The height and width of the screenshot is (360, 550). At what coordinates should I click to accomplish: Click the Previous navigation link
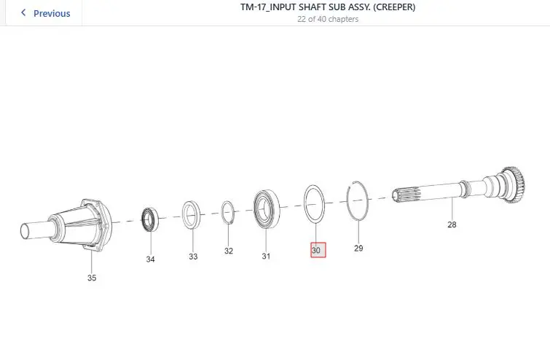[x=52, y=13]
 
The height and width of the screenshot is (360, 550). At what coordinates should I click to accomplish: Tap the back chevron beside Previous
[x=23, y=13]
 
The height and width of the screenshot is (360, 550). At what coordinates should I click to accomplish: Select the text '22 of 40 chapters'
[x=328, y=19]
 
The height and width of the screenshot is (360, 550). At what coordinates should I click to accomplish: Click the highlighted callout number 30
[x=318, y=250]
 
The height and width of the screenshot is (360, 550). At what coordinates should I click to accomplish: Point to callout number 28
[x=452, y=224]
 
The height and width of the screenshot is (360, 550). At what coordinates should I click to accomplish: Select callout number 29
[x=358, y=248]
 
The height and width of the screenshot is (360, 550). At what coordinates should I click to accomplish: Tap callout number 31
[x=266, y=256]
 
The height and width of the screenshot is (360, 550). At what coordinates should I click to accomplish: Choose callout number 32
[x=229, y=251]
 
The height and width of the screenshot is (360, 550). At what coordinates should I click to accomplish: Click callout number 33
[x=193, y=257]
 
